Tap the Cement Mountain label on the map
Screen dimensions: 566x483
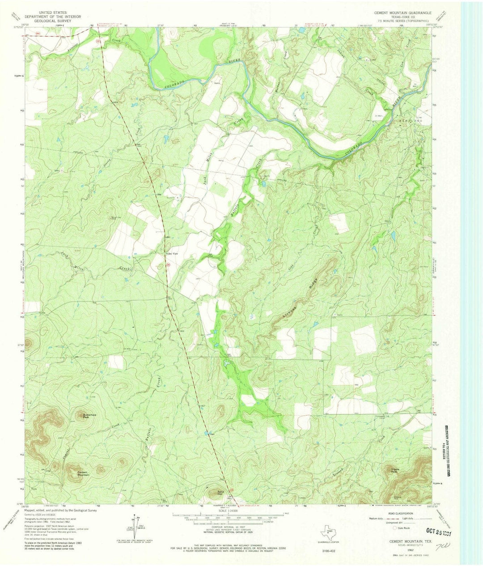coord(84,473)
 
